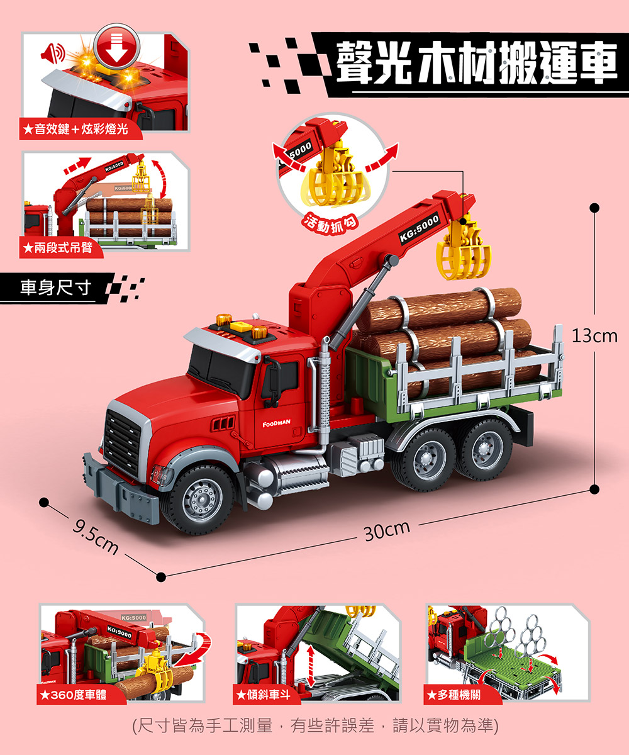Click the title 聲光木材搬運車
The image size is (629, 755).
pos(476,64)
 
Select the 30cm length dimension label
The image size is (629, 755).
pos(387,530)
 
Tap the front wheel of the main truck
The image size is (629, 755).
pos(198,498)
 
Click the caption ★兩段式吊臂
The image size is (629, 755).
pos(57,247)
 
